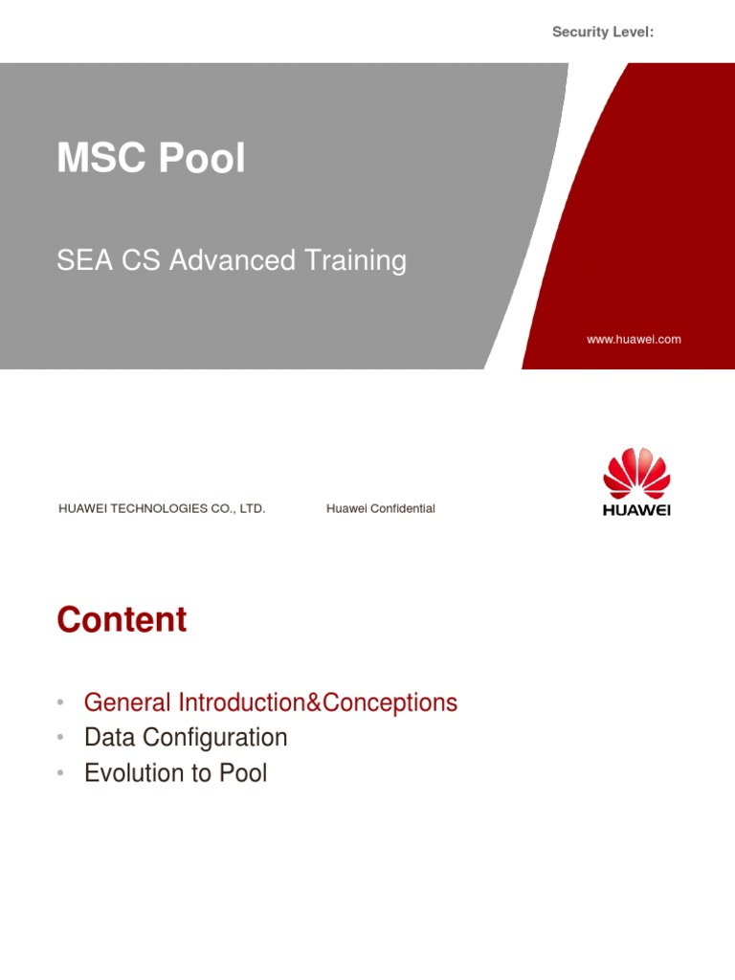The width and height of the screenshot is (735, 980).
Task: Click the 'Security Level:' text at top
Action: [603, 33]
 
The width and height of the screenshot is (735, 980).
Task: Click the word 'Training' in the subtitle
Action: [360, 260]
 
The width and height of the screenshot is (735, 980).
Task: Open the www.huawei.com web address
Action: [634, 340]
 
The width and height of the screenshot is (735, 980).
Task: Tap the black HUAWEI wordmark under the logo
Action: [636, 510]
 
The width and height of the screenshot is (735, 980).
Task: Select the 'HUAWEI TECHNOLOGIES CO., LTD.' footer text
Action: [162, 509]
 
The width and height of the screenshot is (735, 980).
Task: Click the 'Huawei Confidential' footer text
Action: [380, 509]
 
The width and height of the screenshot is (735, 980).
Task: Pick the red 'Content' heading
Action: [122, 620]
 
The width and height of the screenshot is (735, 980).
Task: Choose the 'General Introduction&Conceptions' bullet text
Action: [271, 702]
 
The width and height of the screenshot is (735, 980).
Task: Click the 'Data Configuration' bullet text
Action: [186, 738]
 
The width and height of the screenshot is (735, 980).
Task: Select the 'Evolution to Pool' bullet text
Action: [175, 773]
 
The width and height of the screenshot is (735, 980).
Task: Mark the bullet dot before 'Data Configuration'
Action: [60, 739]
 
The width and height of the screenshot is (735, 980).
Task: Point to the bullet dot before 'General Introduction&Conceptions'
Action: [60, 703]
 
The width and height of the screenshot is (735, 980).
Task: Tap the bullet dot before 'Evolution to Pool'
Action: [60, 774]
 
